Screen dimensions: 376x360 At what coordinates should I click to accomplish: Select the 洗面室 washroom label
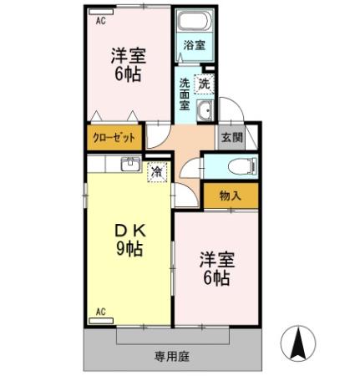coord(185,94)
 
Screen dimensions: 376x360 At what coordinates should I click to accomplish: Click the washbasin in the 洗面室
coord(206,112)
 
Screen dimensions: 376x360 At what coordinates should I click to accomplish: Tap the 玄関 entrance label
coord(230,138)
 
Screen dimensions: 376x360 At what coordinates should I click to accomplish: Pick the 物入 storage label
coord(231,196)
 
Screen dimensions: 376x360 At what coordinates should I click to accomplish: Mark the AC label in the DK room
coord(100,312)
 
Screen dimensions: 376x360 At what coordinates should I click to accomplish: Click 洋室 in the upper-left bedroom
coord(129,57)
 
